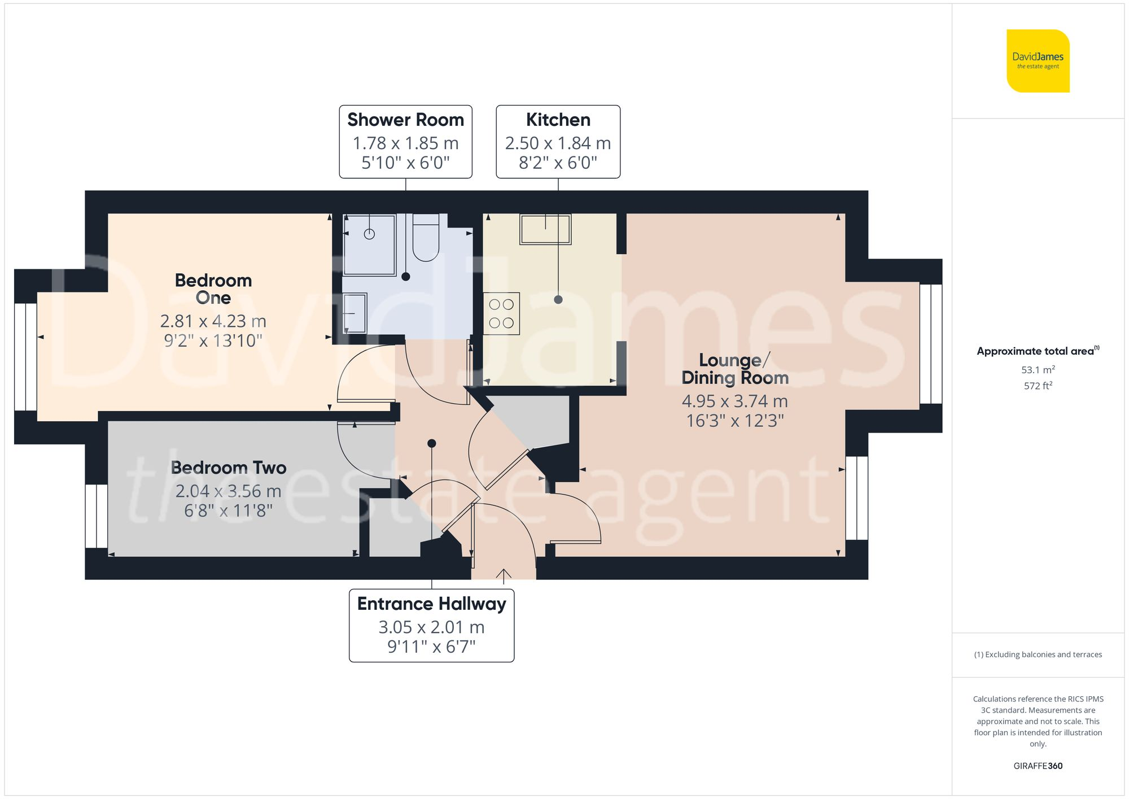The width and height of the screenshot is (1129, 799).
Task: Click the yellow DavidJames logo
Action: tap(1038, 61)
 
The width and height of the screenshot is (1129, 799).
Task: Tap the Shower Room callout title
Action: tap(405, 120)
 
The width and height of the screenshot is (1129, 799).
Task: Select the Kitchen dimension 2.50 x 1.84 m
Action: tap(558, 143)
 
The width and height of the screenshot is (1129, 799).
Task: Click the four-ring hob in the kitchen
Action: tap(501, 313)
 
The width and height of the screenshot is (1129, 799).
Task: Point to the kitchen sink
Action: tap(545, 229)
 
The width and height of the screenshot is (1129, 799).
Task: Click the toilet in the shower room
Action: tap(426, 238)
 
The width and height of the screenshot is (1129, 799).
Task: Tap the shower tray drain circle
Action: tap(369, 234)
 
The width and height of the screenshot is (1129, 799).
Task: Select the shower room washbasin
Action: tap(355, 313)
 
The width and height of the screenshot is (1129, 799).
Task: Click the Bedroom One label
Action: tap(213, 289)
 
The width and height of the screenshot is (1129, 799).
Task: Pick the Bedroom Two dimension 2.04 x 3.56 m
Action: tap(228, 491)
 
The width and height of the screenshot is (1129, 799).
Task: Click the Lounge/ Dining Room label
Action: tap(734, 369)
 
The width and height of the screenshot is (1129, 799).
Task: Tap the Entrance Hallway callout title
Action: tap(431, 604)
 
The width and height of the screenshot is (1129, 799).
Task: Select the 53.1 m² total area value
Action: tap(1038, 370)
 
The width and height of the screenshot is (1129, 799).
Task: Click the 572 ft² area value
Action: tap(1038, 386)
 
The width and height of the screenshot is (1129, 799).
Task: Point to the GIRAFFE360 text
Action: tap(1038, 766)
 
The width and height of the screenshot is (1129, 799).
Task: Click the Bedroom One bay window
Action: tap(25, 357)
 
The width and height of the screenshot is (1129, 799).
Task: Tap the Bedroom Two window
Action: tap(97, 516)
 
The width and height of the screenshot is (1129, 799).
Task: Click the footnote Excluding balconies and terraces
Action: tap(1038, 654)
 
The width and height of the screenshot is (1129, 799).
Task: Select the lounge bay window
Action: tap(931, 344)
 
